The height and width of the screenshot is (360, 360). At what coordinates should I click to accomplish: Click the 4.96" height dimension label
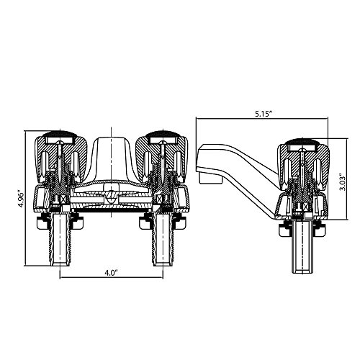(21, 199)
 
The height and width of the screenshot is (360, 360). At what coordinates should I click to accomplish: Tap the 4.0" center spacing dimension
(112, 273)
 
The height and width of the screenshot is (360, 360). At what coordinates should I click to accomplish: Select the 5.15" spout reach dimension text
(263, 114)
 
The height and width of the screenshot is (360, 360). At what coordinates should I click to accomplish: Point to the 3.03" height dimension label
(343, 181)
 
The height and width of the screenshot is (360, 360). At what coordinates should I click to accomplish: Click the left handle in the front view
(59, 157)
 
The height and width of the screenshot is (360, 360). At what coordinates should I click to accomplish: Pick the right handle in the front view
(162, 157)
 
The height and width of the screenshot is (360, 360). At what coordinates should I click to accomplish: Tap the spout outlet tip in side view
(210, 178)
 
